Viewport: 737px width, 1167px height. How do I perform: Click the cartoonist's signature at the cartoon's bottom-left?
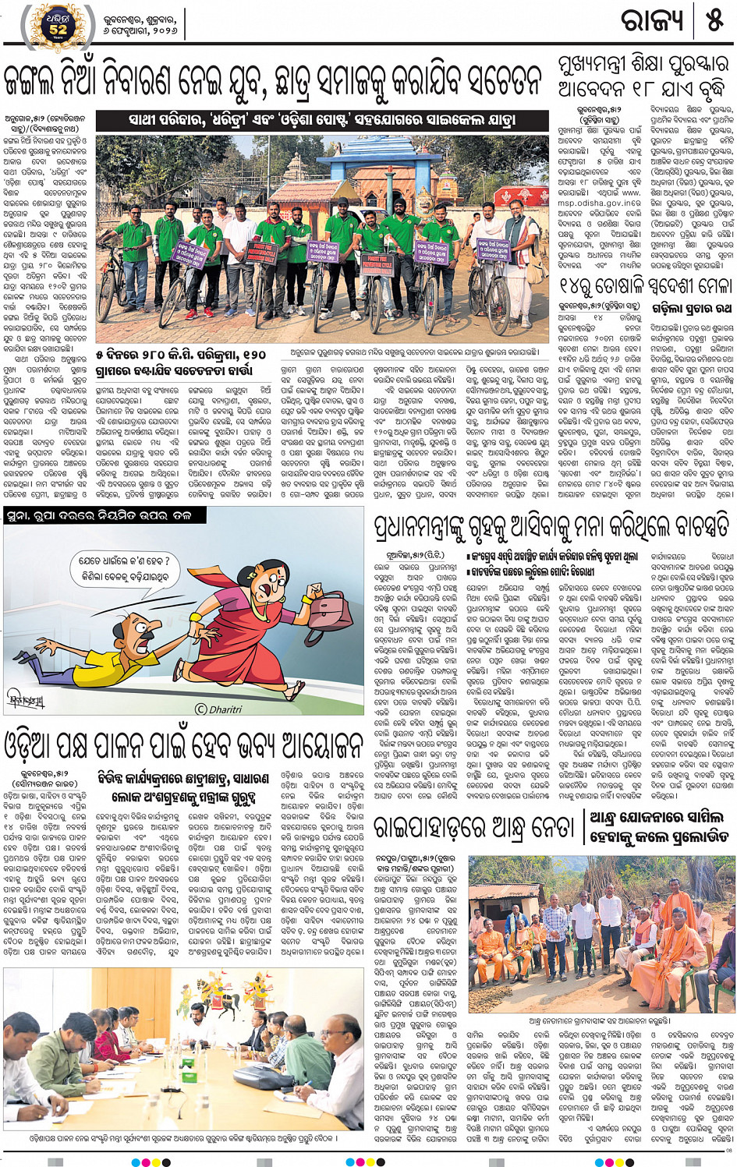pyautogui.click(x=27, y=699)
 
